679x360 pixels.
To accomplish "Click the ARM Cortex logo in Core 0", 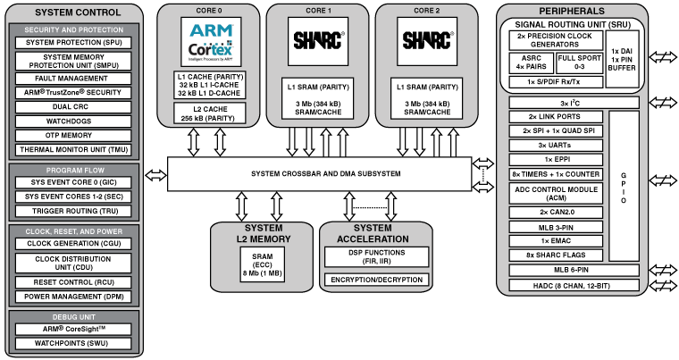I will (x=211, y=44).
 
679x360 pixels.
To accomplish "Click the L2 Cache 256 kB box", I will (x=211, y=113).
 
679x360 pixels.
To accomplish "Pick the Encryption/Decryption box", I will (x=375, y=280).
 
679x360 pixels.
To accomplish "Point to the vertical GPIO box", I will (x=624, y=187).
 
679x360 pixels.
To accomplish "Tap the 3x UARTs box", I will (x=554, y=145).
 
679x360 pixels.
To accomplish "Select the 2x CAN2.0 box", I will (x=554, y=212).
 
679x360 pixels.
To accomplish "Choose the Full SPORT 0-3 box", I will (x=579, y=62).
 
